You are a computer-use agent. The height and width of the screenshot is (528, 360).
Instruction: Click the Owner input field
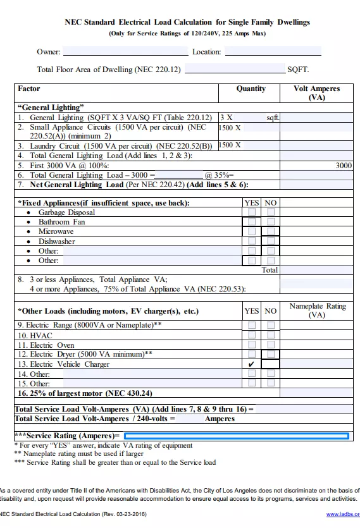(125, 52)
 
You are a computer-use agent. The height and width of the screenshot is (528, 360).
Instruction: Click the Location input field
(273, 52)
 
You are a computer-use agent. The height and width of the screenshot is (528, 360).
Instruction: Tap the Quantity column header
(251, 89)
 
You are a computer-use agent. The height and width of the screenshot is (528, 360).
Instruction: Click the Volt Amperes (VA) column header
(316, 93)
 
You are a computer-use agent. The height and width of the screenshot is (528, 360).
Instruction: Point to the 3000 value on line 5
(344, 166)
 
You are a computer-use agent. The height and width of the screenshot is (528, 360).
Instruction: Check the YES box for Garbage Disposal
(251, 213)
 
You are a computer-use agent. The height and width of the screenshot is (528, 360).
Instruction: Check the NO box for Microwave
(271, 232)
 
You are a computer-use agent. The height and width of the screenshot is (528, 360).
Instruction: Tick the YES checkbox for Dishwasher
(251, 242)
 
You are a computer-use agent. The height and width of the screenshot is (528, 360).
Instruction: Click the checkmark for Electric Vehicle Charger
(251, 365)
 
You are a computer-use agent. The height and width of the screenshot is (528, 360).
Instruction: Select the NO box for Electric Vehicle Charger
(271, 364)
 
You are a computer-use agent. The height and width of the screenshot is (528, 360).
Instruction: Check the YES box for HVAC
(251, 335)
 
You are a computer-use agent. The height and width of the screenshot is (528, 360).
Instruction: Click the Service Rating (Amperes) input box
(236, 436)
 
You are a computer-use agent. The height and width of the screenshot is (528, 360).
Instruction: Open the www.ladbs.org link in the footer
(343, 514)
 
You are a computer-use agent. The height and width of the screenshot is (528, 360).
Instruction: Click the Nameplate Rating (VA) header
(317, 310)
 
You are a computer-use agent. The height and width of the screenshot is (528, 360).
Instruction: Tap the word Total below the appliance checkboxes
(270, 269)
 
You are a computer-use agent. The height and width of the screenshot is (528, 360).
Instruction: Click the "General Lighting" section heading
(51, 107)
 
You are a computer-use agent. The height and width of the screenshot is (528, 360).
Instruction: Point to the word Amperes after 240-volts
(220, 419)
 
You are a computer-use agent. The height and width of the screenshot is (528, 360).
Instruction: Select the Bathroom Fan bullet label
(61, 223)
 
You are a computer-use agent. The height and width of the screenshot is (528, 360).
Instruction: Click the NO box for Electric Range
(271, 326)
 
